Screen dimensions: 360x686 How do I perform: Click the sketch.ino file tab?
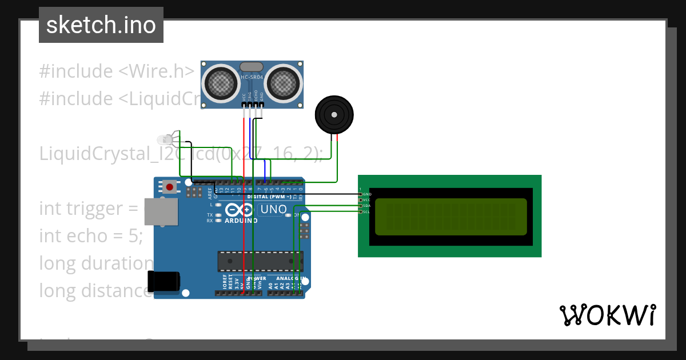(x=101, y=25)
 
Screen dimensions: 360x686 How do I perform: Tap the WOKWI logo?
(x=607, y=315)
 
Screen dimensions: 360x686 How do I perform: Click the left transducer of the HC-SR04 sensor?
(x=220, y=83)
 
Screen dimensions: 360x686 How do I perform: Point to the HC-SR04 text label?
(x=252, y=78)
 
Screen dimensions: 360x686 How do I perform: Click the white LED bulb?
(x=164, y=139)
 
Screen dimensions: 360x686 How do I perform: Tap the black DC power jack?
(x=163, y=282)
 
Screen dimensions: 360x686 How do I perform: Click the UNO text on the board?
(x=273, y=210)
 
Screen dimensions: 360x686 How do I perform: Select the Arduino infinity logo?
(x=239, y=210)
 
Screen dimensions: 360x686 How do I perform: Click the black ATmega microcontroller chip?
(x=260, y=261)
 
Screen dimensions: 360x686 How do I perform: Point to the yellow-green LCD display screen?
(x=450, y=217)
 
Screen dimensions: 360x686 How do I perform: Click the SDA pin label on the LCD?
(x=366, y=206)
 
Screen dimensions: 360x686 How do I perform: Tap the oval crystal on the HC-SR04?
(x=252, y=67)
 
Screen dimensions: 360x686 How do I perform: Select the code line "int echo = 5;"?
(x=90, y=235)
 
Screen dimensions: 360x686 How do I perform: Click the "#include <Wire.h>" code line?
(x=117, y=71)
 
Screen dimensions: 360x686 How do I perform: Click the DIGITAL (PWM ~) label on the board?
(x=269, y=197)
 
